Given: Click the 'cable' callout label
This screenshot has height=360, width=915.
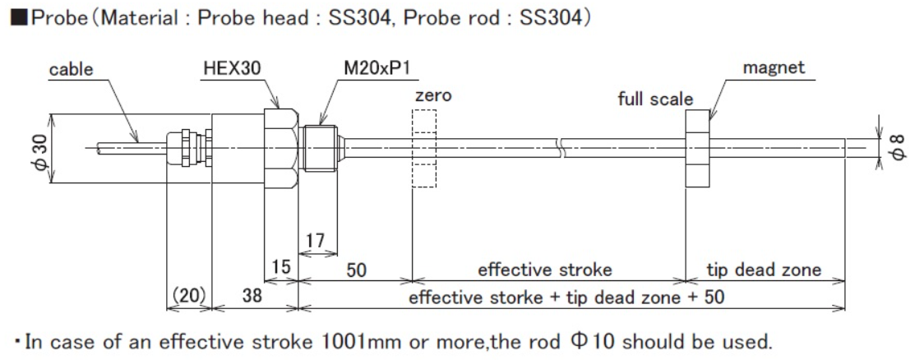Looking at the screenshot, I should click(72, 71).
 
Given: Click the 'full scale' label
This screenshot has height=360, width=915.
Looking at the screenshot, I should click(655, 99).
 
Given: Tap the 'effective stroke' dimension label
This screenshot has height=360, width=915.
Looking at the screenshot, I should click(545, 269).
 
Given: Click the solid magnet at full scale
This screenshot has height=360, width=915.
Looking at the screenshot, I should click(697, 149).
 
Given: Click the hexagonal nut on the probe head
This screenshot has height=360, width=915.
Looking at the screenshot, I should click(280, 148).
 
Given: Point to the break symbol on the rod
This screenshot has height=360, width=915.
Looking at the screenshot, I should click(560, 149).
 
